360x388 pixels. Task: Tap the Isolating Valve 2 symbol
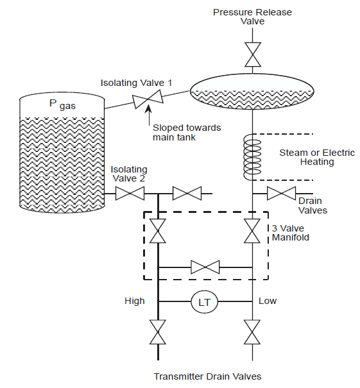(130, 193)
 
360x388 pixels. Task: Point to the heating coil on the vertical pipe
(252, 157)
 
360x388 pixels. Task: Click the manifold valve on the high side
(158, 232)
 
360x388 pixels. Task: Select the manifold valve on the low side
(252, 232)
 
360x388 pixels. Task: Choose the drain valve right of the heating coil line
(281, 193)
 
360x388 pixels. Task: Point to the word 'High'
(135, 301)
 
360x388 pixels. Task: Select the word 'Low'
(268, 301)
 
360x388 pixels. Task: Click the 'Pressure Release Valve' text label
(252, 16)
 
